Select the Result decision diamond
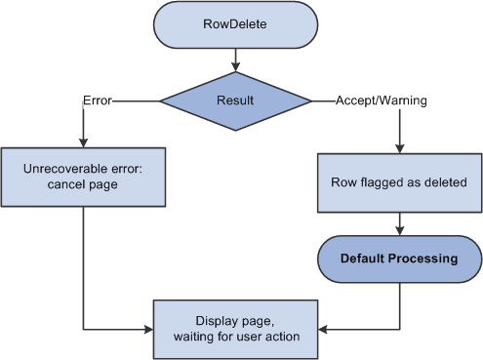pyautogui.click(x=234, y=100)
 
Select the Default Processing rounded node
pyautogui.click(x=399, y=259)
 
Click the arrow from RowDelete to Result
pyautogui.click(x=234, y=63)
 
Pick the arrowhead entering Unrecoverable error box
pyautogui.click(x=82, y=141)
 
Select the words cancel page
pyautogui.click(x=82, y=185)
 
